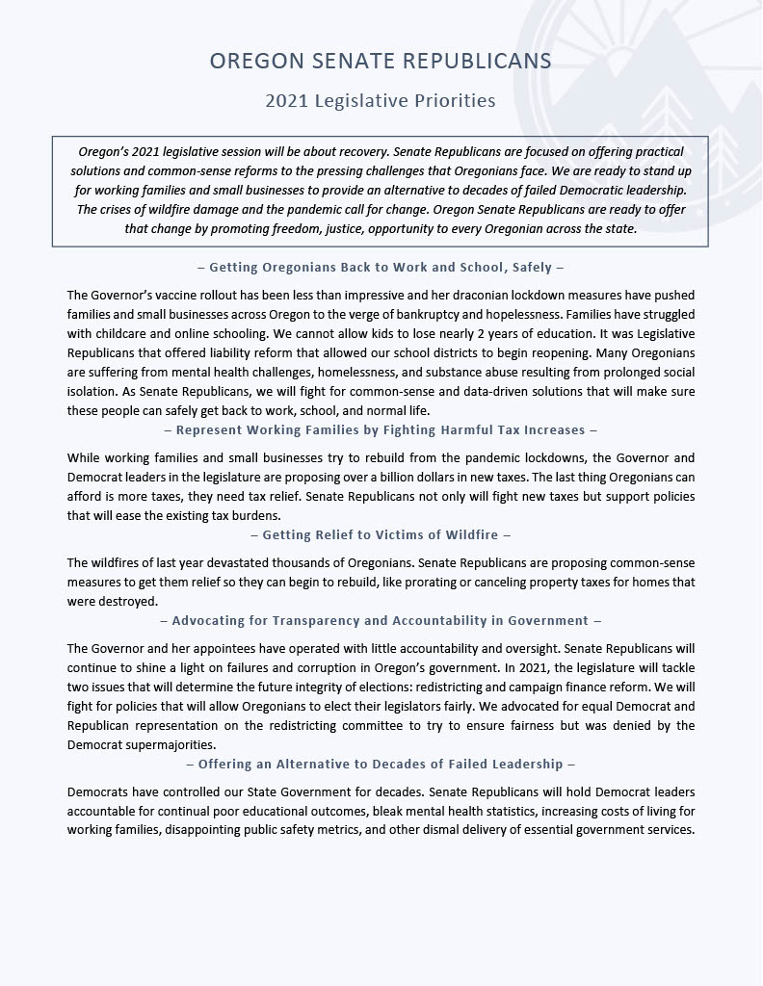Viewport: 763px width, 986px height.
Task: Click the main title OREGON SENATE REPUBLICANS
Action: click(381, 62)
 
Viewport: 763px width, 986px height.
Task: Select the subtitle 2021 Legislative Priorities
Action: click(381, 101)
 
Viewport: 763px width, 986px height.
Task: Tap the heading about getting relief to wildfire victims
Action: click(381, 534)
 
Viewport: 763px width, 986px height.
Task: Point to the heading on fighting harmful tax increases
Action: click(381, 430)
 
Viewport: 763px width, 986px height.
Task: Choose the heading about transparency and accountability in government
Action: click(381, 621)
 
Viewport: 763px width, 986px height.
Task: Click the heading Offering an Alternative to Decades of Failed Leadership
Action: click(381, 764)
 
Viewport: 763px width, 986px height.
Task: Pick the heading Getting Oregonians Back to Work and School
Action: click(381, 267)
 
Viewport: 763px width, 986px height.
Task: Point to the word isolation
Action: click(94, 391)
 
